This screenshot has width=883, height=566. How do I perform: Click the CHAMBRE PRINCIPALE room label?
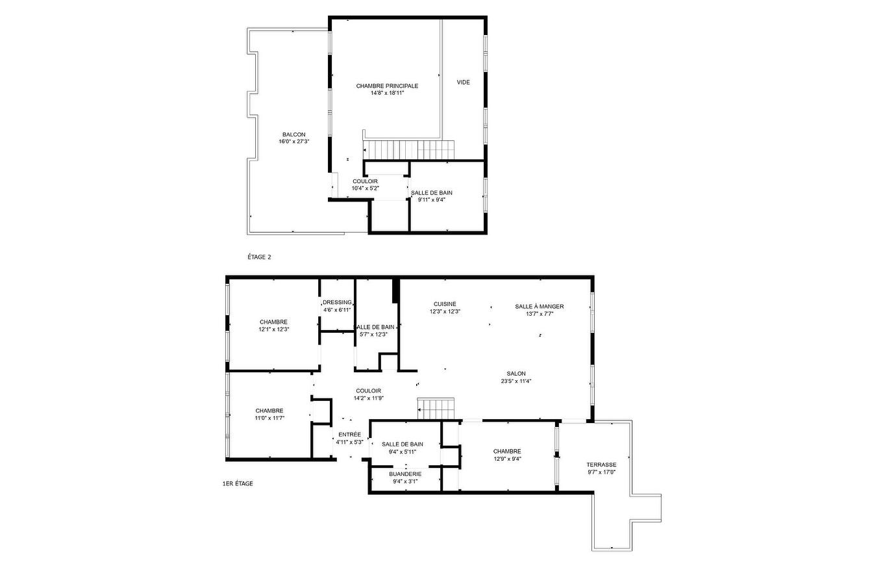387,86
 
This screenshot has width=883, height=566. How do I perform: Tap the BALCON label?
293,135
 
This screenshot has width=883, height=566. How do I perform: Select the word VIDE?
463,83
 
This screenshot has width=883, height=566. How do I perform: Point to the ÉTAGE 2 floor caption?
259,257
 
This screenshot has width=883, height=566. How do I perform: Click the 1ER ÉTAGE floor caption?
238,483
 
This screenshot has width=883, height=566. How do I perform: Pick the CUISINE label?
445,304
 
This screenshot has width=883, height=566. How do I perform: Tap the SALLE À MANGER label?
539,307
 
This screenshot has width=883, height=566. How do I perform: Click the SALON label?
516,374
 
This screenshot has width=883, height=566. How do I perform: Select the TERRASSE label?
601,465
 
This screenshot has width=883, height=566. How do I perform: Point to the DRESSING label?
337,302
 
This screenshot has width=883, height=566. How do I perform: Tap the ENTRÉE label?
349,435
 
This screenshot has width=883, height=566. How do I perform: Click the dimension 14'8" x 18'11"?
387,93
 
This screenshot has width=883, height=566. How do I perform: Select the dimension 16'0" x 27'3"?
293,142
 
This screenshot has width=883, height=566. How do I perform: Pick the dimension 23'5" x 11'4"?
516,381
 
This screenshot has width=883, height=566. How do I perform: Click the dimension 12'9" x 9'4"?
506,459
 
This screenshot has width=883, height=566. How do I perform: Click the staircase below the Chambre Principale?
406,150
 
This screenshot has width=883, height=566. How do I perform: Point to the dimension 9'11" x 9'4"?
431,200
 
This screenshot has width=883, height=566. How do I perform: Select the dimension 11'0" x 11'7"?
269,418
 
